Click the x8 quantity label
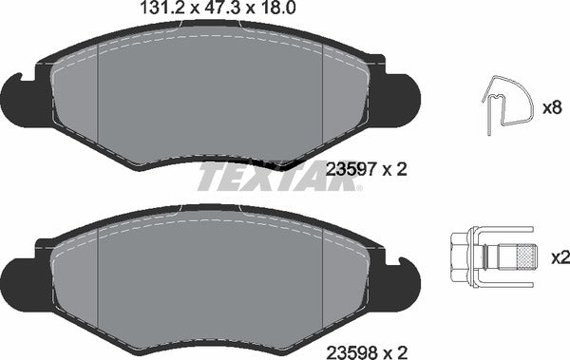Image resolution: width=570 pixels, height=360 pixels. pyautogui.click(x=551, y=107)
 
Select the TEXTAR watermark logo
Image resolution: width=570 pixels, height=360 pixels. pyautogui.click(x=279, y=177)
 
